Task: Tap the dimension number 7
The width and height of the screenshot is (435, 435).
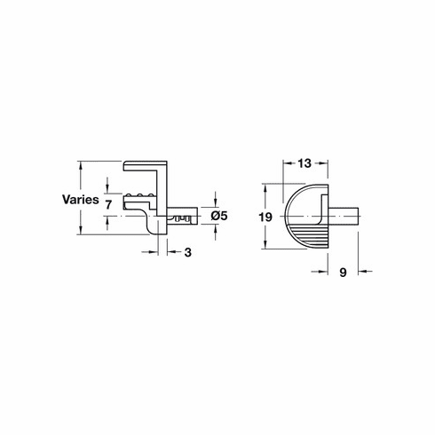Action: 107,204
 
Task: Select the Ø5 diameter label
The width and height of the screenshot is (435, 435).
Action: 220,215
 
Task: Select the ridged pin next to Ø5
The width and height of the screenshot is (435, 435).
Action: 182,216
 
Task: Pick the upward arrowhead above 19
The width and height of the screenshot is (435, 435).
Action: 267,189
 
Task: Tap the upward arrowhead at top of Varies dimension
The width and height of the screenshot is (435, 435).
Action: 80,164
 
